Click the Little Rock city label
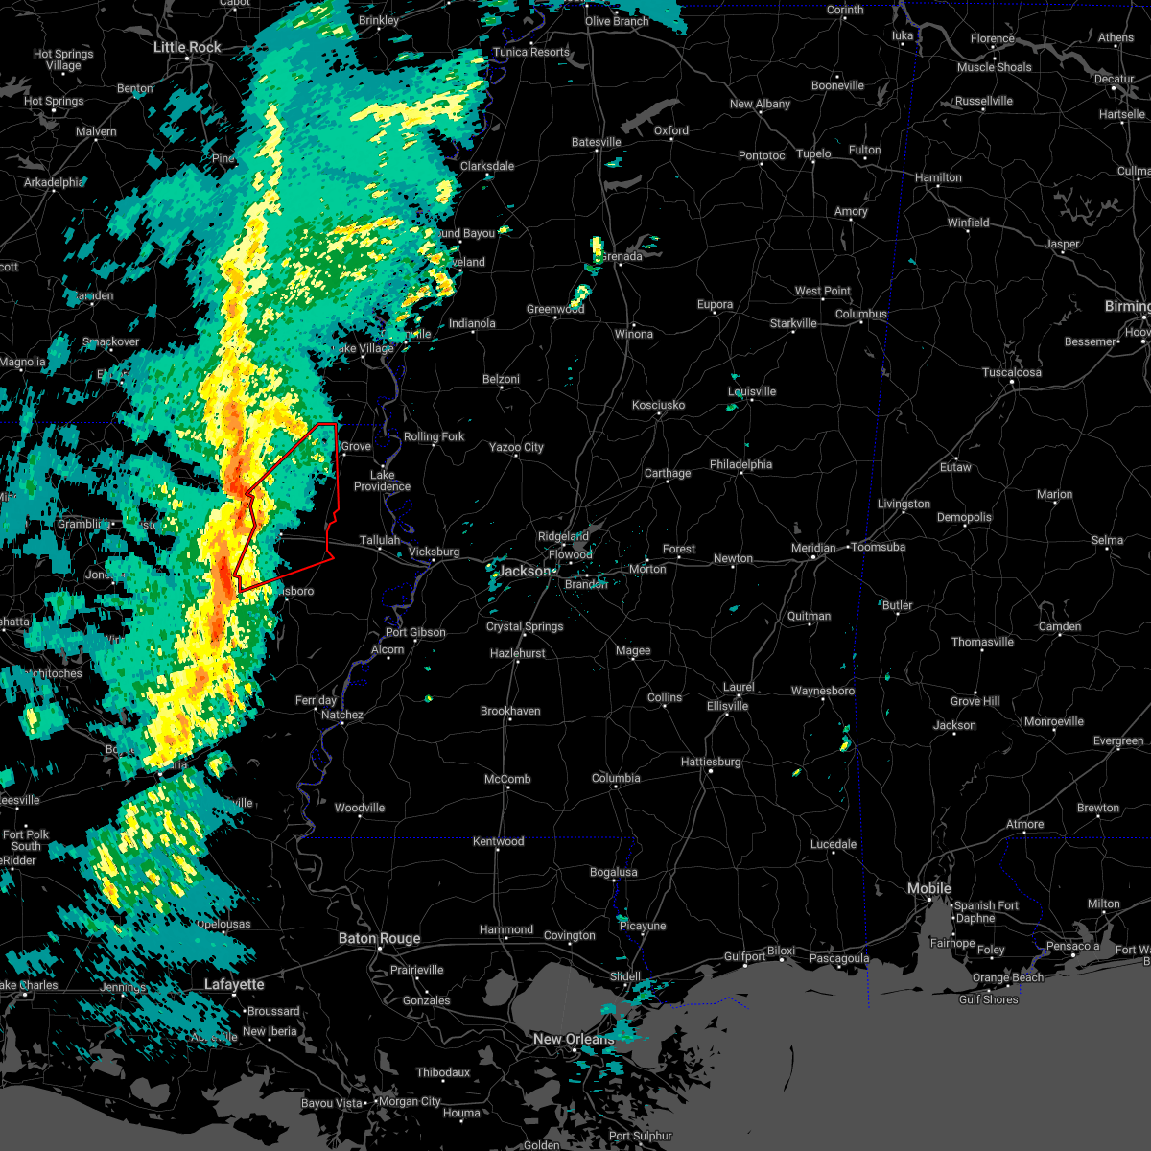(187, 47)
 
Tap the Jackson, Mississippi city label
(525, 571)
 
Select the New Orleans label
(574, 1039)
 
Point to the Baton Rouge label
(379, 938)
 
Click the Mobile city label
(929, 888)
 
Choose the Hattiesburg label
(710, 762)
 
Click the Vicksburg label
(434, 552)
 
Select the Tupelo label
(813, 153)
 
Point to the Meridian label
(812, 548)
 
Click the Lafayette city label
(234, 984)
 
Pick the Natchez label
(342, 715)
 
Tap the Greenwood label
(555, 309)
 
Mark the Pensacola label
(1072, 946)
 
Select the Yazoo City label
(516, 447)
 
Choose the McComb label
(507, 779)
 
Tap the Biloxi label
(781, 951)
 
